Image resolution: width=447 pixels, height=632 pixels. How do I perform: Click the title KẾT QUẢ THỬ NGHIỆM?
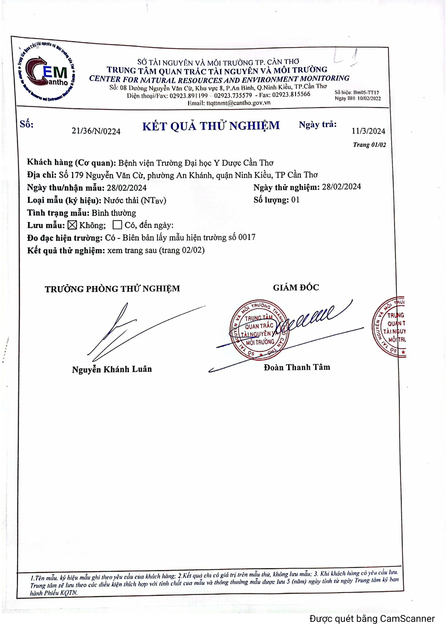point(211,126)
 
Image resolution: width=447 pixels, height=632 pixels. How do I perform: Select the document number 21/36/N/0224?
point(96,131)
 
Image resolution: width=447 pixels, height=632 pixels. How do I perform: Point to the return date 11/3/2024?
point(368,131)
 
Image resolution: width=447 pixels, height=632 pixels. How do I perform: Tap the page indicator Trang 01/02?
point(369,145)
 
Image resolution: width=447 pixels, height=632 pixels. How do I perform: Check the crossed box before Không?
point(72,225)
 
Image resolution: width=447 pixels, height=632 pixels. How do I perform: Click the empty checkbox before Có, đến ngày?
point(117,225)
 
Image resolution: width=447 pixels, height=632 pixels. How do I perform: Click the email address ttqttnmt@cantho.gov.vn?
point(238,103)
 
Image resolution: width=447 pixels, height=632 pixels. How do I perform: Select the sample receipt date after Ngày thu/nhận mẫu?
point(127,188)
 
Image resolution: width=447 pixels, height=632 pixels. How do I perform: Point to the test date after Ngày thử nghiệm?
point(341,187)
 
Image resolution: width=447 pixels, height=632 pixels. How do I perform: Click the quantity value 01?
point(295,200)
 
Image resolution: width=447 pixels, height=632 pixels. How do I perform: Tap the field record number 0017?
point(247,237)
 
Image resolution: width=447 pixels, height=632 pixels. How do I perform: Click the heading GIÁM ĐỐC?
point(296,288)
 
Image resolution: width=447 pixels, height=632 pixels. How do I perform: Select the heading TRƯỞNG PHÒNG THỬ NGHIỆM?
point(112,289)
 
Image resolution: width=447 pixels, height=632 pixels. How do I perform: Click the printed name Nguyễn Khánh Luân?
point(112,369)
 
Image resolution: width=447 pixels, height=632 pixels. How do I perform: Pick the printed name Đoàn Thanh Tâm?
point(297,367)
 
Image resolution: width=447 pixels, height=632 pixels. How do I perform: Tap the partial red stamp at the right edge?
point(390,328)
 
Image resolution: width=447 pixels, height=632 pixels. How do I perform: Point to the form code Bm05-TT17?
point(366,92)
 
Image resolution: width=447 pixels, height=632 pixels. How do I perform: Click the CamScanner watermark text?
point(372,619)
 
